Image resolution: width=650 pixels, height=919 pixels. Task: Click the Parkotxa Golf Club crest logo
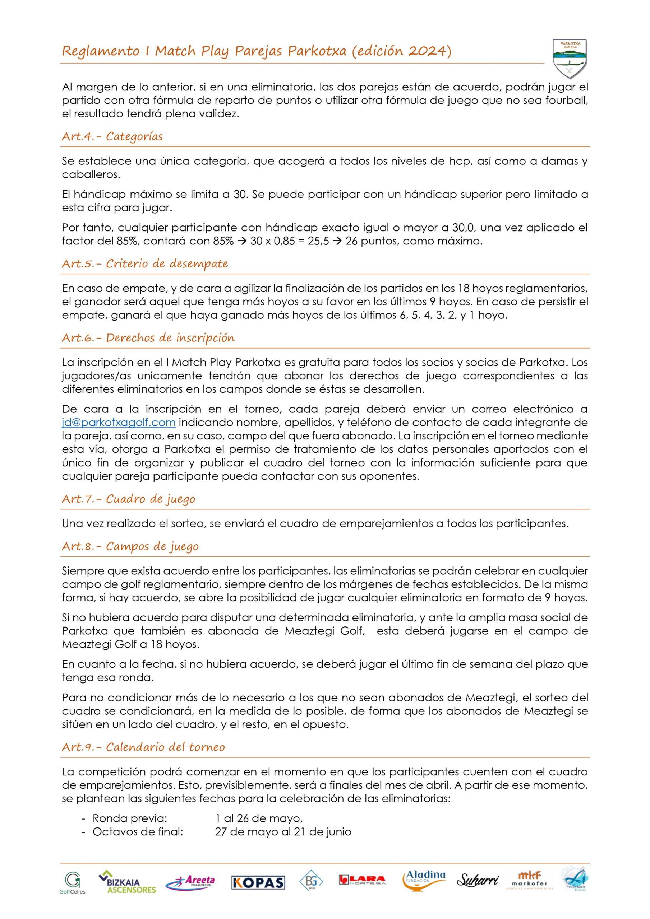569,59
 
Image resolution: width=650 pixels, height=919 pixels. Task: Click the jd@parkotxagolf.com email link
119,422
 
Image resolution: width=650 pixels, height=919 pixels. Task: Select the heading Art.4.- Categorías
112,136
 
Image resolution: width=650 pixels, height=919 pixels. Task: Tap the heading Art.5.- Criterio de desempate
145,264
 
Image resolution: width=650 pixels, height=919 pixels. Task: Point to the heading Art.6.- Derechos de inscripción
148,338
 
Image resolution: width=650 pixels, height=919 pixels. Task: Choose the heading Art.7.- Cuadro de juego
128,499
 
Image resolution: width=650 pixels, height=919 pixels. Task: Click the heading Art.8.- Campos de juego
130,546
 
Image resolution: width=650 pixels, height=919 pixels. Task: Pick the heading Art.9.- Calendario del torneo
143,747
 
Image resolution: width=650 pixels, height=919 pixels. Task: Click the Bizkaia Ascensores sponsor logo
127,882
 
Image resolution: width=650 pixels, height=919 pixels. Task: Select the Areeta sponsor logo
190,882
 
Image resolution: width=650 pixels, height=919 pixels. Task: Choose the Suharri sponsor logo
478,881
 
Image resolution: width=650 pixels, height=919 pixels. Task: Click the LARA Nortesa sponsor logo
362,880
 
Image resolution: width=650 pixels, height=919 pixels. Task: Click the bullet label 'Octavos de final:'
138,832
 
